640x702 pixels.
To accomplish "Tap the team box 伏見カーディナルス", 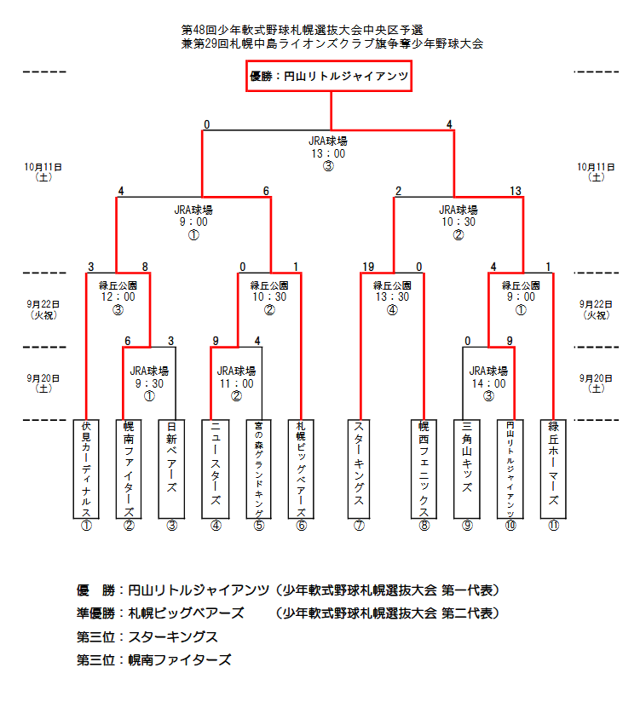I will click(86, 469).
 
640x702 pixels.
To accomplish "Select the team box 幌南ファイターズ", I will click(129, 469).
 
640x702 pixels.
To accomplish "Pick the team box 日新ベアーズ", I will click(172, 469).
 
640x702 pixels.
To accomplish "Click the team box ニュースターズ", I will click(216, 469).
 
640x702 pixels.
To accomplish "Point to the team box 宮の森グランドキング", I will click(259, 469).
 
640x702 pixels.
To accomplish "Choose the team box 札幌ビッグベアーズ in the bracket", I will click(302, 469).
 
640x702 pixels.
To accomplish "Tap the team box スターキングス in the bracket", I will click(360, 469).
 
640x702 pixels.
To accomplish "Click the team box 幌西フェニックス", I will click(424, 469).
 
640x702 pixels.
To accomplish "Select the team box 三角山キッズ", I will click(467, 469).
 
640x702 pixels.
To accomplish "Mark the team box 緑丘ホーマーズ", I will click(554, 469).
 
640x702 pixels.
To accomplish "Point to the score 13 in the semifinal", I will click(516, 191).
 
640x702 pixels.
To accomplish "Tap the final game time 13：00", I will click(328, 153).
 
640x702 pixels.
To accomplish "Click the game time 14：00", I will click(488, 383).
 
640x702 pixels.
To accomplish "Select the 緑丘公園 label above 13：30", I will click(392, 285).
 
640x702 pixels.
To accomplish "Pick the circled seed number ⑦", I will click(360, 526).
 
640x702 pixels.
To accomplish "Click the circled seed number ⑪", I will click(554, 526).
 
